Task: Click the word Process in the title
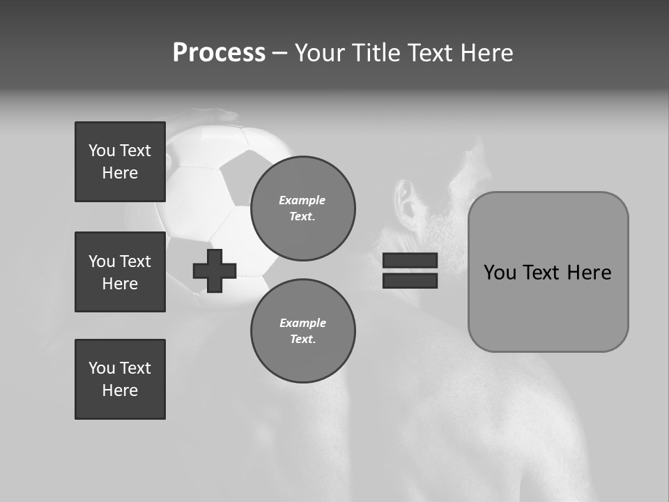(x=219, y=53)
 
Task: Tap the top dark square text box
(x=120, y=162)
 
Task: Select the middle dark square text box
(x=120, y=272)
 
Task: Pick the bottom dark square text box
(x=120, y=379)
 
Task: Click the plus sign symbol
(x=215, y=271)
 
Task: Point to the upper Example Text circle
(x=303, y=208)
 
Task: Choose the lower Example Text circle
(x=303, y=331)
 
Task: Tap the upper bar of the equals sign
(x=410, y=261)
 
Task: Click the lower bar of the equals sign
(x=410, y=280)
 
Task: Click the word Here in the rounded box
(x=589, y=273)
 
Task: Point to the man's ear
(x=404, y=203)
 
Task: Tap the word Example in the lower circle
(x=302, y=323)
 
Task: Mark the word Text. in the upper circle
(x=302, y=217)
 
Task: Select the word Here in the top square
(x=120, y=173)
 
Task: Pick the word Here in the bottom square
(x=120, y=390)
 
